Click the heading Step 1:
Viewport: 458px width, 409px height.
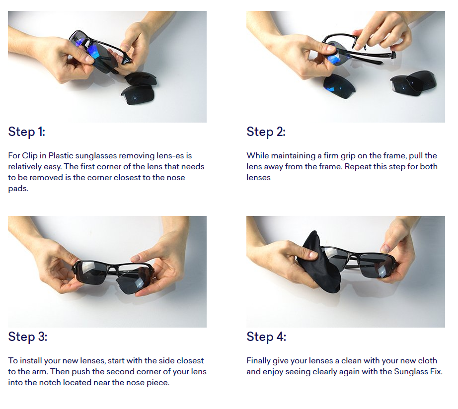pos(27,132)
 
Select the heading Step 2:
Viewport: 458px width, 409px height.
pos(266,132)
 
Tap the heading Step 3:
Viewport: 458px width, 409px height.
pos(27,337)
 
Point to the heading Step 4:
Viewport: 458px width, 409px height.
pos(266,337)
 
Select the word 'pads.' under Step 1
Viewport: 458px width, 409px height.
pos(18,189)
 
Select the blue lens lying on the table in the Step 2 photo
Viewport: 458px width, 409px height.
pos(339,86)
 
